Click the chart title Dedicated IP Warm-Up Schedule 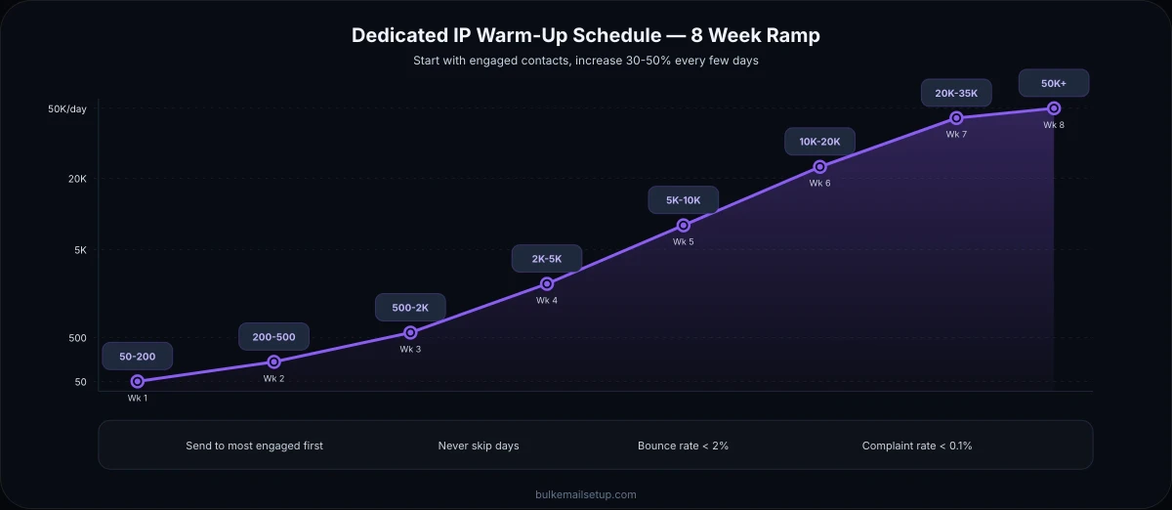585,35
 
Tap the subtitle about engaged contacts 585,61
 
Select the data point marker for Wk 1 137,381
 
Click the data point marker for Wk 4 547,284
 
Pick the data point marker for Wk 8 1054,108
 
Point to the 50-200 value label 137,357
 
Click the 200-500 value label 273,337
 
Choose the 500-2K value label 410,308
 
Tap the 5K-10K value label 684,200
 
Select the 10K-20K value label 819,142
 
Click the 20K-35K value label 956,94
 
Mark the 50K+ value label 1054,84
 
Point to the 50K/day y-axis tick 67,108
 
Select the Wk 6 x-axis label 819,184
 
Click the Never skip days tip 479,446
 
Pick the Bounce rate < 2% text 683,446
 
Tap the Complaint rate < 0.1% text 917,446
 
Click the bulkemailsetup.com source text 585,494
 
